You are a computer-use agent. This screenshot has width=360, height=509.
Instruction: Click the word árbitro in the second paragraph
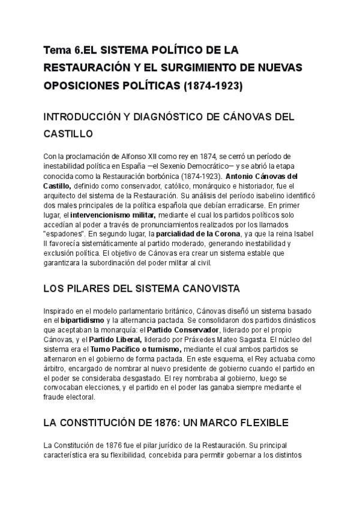tap(55, 369)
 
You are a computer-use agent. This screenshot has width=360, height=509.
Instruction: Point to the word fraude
tap(56, 397)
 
